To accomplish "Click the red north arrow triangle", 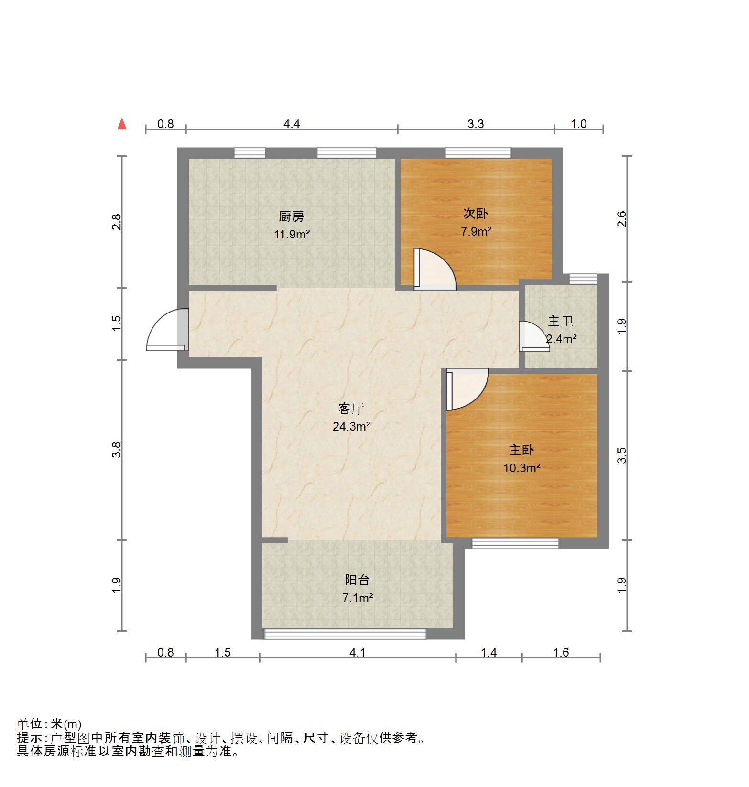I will [x=122, y=125].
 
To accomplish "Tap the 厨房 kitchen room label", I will [x=291, y=216].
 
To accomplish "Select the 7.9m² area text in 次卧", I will [x=476, y=232].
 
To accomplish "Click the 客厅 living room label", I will [x=351, y=409].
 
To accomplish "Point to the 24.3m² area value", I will [x=351, y=426].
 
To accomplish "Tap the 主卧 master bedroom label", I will [x=521, y=450].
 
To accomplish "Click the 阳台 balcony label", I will [x=357, y=580].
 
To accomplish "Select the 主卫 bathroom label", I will [x=560, y=321].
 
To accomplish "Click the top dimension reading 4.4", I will [x=292, y=124].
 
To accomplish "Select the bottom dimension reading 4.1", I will [x=357, y=653].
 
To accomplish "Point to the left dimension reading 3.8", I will [x=117, y=450].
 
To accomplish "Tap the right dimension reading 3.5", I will [x=621, y=455].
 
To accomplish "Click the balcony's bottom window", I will [x=345, y=634].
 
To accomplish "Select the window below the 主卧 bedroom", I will [x=515, y=543].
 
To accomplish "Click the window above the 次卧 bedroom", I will [x=478, y=153].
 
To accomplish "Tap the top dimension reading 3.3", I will [x=476, y=124].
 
